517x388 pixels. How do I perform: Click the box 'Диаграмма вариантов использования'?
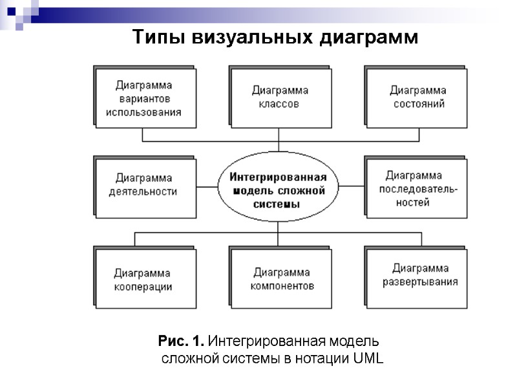click(x=144, y=98)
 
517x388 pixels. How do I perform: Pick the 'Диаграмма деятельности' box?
click(x=145, y=185)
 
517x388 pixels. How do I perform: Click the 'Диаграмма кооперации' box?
click(x=144, y=279)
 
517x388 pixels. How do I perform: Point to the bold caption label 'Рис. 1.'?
click(x=182, y=341)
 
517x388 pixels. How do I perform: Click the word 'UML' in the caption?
click(x=369, y=359)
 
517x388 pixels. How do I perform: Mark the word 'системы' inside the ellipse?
click(x=279, y=204)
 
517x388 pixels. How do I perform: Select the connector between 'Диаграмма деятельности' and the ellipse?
click(x=207, y=186)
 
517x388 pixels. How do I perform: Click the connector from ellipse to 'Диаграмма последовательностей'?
click(x=353, y=186)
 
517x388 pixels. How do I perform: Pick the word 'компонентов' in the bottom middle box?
click(x=282, y=286)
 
